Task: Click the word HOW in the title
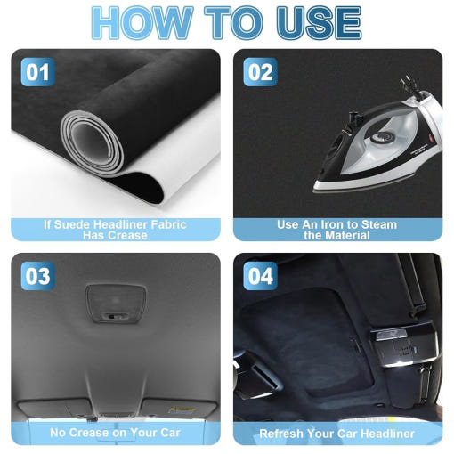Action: [x=142, y=23]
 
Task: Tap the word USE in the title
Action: [x=319, y=23]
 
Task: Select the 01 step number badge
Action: [x=37, y=72]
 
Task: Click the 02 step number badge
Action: [x=260, y=72]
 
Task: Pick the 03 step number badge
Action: [x=37, y=276]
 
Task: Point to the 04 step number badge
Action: [x=260, y=276]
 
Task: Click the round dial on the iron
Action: [x=380, y=137]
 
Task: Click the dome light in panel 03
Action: [x=116, y=304]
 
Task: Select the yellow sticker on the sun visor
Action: [x=182, y=410]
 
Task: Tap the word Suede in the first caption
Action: [x=72, y=224]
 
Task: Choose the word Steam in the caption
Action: [x=379, y=224]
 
